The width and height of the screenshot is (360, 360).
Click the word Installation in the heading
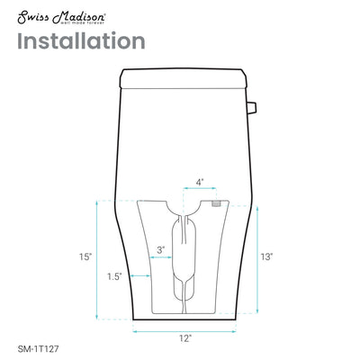(80, 41)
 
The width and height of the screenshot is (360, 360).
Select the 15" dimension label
(85, 256)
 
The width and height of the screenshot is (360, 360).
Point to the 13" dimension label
(266, 256)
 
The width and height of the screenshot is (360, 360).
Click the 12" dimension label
(185, 338)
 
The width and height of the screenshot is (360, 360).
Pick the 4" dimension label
(200, 182)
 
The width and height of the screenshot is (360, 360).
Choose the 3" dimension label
(160, 248)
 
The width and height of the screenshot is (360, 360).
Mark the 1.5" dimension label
(114, 275)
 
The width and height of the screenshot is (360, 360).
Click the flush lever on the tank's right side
(254, 110)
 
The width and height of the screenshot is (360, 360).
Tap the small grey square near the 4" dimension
(216, 203)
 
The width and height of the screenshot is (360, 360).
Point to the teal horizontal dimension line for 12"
(185, 329)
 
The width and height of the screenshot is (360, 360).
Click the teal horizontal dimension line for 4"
(199, 192)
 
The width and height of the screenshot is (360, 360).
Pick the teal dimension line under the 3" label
(162, 257)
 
